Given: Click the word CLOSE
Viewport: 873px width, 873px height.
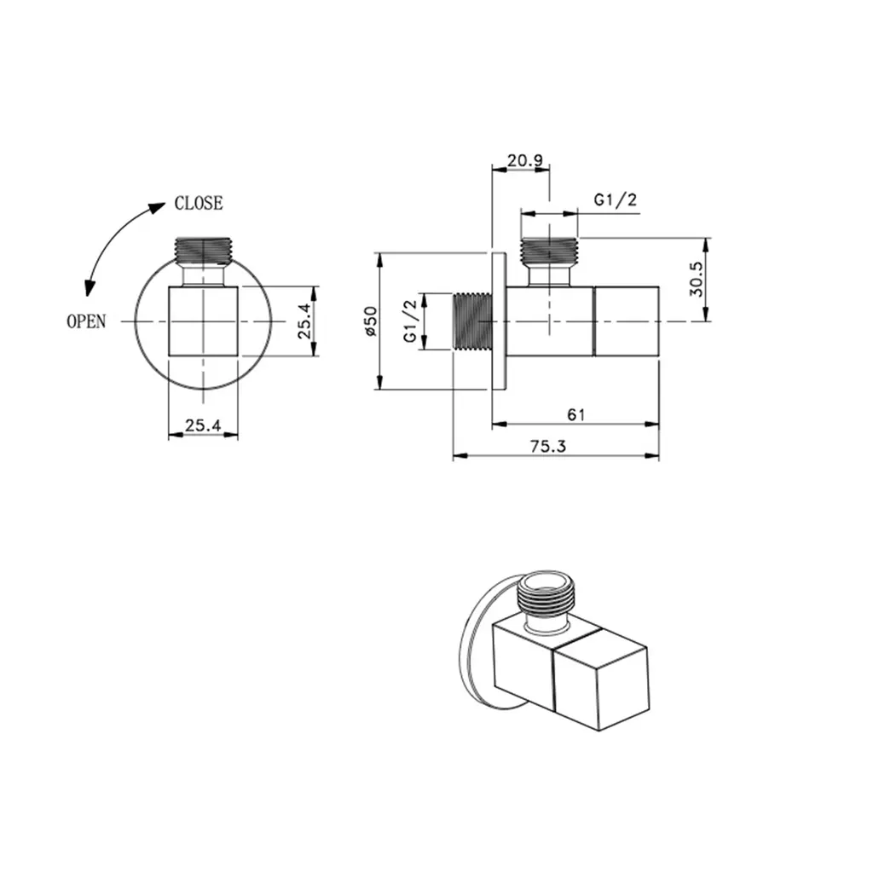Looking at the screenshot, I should tap(198, 204).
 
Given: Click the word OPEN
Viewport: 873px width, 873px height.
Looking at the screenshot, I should tap(86, 321).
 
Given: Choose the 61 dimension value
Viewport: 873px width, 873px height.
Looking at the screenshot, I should tap(575, 414).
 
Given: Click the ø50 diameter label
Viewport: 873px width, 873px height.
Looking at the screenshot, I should tap(369, 321).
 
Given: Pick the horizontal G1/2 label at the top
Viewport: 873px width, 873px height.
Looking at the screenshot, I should tap(615, 200).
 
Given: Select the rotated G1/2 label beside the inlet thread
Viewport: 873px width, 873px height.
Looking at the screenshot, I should tap(411, 321).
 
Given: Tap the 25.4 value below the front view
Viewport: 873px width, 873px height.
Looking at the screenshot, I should tap(203, 424).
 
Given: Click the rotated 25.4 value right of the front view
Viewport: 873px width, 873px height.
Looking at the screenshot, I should tap(304, 321).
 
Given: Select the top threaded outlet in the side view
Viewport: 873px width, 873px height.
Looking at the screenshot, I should tap(549, 251).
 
